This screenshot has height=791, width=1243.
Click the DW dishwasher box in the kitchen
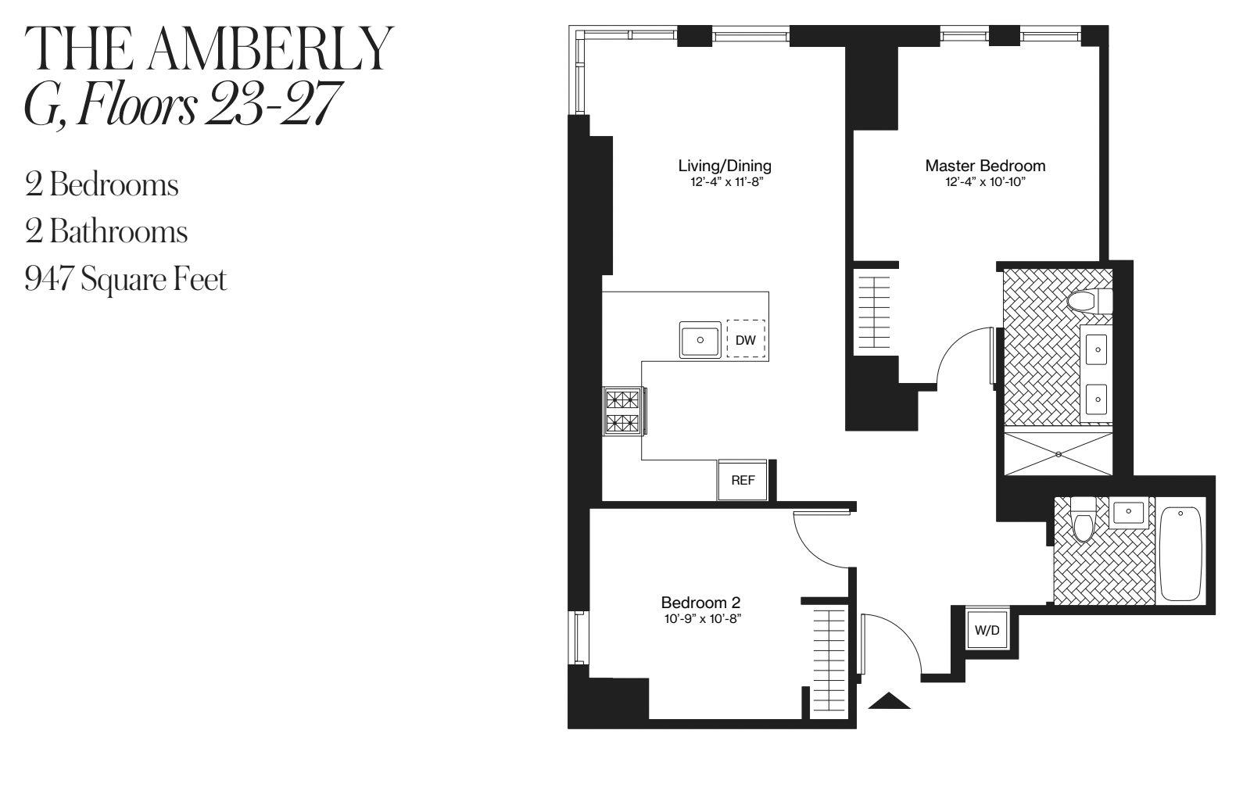coord(746,340)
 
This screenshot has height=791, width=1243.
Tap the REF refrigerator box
coord(743,480)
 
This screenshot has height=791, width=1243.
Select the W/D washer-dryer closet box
coord(987,629)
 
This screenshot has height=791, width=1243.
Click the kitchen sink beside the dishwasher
coord(700,340)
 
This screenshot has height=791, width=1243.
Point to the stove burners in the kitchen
coord(623,411)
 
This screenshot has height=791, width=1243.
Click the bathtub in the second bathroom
coord(1180,553)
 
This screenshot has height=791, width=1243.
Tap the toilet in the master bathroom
coord(1090,301)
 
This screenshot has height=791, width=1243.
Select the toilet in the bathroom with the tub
coord(1084,520)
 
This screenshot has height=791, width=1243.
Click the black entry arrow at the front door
coord(890,700)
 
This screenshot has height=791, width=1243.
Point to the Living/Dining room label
coord(725,166)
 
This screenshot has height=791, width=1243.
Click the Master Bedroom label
coord(985,166)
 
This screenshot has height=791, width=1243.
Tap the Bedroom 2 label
coord(700,603)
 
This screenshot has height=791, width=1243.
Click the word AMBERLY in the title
coord(268,50)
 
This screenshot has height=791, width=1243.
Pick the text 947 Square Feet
coord(126,279)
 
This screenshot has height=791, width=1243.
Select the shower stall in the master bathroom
coord(1059,453)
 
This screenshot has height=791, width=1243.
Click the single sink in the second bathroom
coord(1127,512)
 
